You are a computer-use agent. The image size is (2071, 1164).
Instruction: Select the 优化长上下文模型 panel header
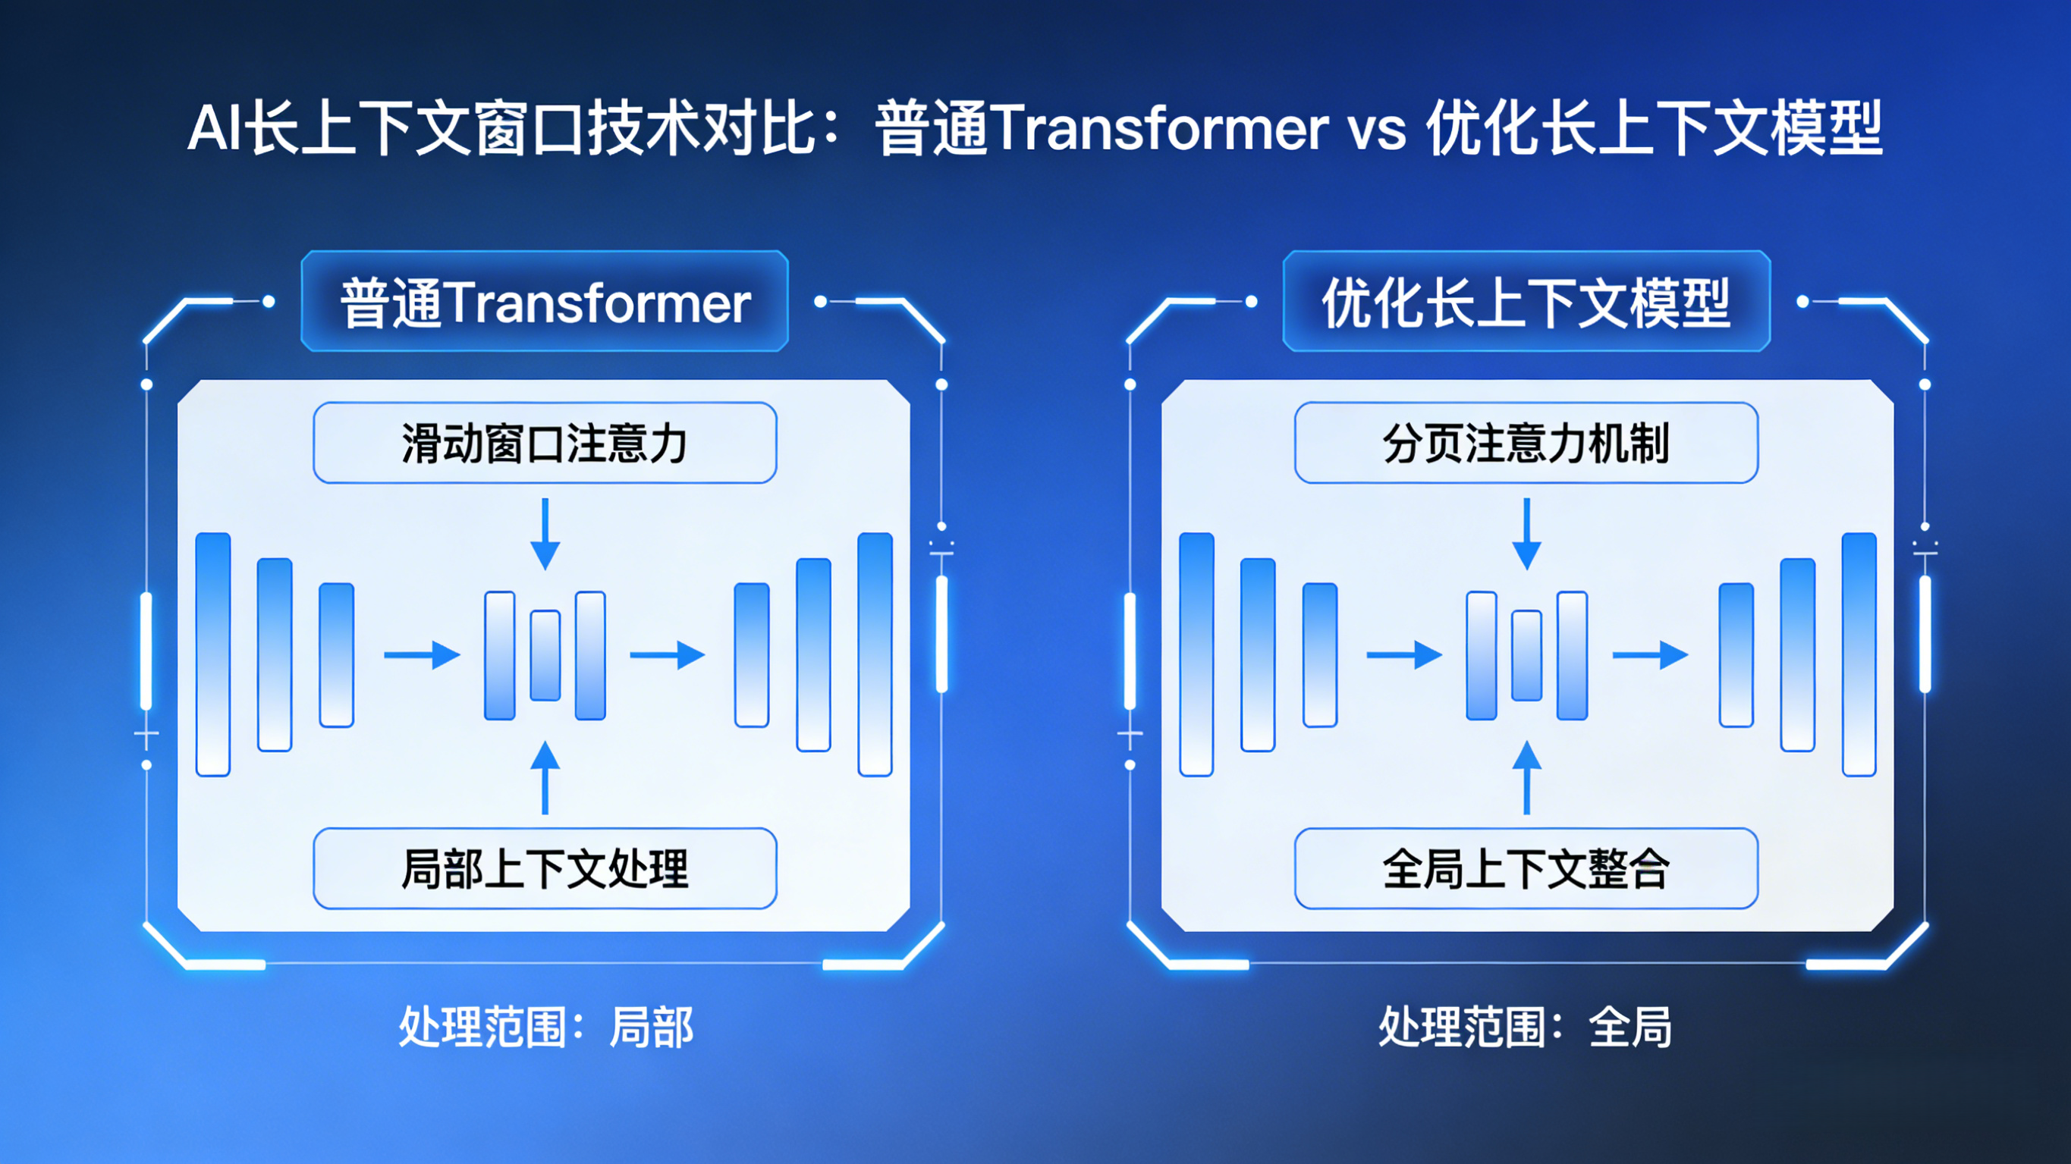coord(1526,303)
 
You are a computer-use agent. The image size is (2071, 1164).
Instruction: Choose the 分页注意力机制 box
coord(1526,443)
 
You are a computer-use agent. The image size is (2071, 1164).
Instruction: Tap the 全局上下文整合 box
coord(1526,868)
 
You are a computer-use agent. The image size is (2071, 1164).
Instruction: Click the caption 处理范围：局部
coord(546,1027)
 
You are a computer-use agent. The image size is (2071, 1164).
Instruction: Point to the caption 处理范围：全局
coord(1525,1027)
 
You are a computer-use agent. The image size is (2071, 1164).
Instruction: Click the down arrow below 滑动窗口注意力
coord(545,534)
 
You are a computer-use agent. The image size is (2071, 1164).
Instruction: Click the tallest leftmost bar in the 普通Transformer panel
coord(213,654)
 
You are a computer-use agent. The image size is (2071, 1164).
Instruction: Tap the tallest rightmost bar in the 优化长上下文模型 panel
coord(1859,654)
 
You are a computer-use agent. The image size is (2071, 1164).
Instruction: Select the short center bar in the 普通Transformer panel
coord(545,655)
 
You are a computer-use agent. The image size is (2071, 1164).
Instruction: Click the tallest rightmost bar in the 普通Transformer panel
coord(875,654)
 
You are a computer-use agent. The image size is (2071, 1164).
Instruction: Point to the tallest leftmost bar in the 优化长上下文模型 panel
coord(1196,654)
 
